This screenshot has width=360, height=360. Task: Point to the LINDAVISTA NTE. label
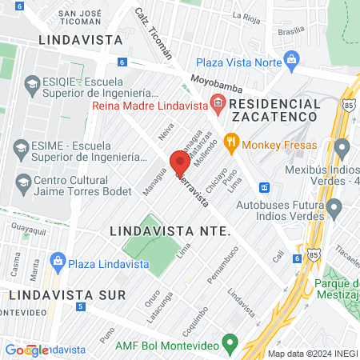[x=170, y=230]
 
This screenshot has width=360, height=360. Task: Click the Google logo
[x=26, y=350]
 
